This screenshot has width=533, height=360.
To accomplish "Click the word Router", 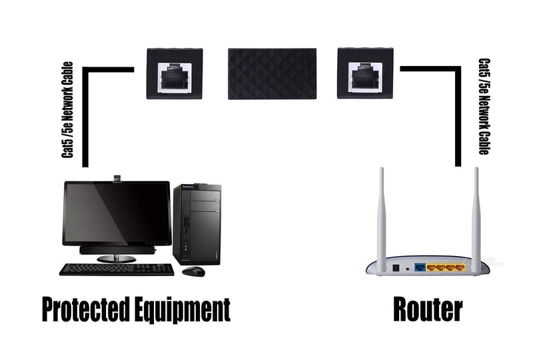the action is tap(428, 309).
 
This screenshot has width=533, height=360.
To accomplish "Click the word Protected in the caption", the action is tap(86, 309).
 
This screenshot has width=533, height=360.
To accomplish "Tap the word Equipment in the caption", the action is tap(182, 309).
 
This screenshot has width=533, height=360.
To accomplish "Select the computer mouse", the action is tap(193, 271).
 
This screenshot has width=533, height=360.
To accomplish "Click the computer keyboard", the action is tap(117, 269).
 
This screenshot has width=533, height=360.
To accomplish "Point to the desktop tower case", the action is tap(197, 224).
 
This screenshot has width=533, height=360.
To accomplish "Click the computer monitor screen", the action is tap(117, 213).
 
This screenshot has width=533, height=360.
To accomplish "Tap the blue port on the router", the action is tap(420, 267).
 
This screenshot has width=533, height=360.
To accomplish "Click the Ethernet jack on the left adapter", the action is tap(175, 78).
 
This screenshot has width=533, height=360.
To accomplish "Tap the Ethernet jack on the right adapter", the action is tap(365, 78).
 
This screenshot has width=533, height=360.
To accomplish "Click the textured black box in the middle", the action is tap(272, 74).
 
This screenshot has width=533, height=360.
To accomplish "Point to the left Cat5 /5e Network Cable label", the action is tap(67, 109).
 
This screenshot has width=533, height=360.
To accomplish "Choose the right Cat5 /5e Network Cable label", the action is tap(484, 107).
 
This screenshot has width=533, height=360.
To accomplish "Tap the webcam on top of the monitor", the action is tap(118, 179).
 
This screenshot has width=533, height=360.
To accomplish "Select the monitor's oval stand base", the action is tap(116, 259).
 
